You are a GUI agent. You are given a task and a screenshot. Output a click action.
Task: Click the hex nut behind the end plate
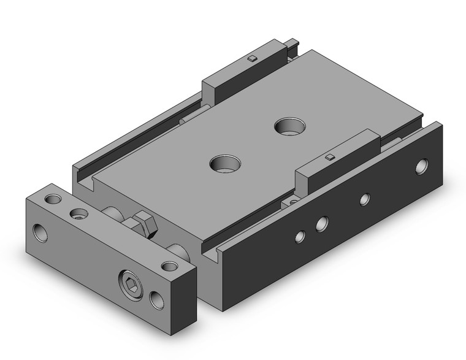pos(145,224)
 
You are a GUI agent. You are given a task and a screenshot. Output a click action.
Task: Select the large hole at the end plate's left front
pos(41,232)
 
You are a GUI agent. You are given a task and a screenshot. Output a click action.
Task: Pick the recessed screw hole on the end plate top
pos(78,213)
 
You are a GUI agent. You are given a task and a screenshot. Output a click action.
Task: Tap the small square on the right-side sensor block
pos(330,157)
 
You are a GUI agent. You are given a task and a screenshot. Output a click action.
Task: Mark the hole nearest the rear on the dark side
pos(422,166)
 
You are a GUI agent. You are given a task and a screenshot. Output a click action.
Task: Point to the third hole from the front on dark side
pos(365,199)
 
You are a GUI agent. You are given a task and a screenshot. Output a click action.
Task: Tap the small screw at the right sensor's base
pos(293,201)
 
